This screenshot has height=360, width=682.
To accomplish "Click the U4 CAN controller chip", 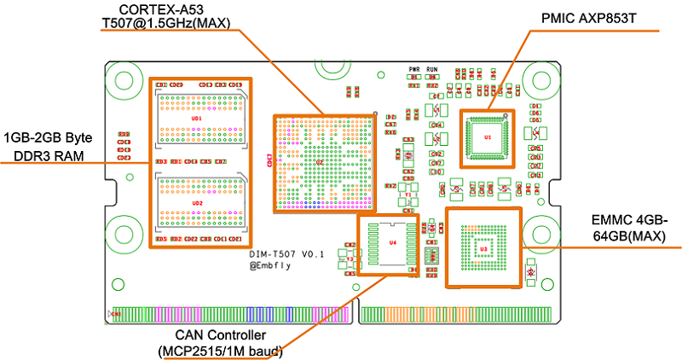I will tap(391, 243).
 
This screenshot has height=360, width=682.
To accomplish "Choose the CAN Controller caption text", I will tap(221, 335).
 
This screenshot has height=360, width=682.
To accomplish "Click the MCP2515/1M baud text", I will tap(221, 351).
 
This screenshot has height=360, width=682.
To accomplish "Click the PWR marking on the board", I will tap(413, 68).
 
